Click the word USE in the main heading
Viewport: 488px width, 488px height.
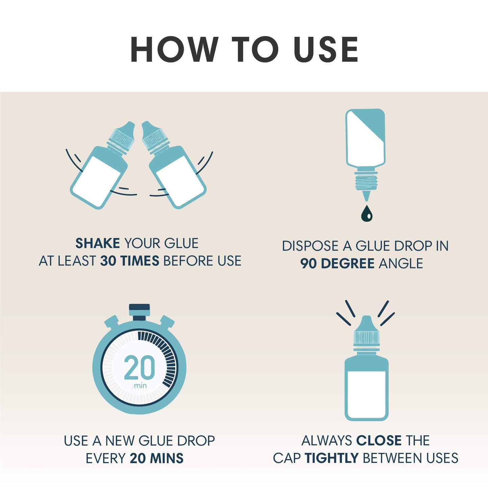(x=326, y=49)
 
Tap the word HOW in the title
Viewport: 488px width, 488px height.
(x=175, y=49)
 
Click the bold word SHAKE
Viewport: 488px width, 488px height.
(x=98, y=243)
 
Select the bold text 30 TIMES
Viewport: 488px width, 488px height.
(x=130, y=261)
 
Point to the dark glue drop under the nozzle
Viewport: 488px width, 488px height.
(x=366, y=213)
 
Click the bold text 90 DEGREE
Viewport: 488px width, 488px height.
(x=337, y=264)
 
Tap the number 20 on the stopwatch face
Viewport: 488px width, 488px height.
(x=139, y=367)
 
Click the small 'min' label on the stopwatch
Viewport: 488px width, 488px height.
(x=140, y=386)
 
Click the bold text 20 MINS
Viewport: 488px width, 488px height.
(x=156, y=459)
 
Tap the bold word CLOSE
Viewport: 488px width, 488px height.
(x=379, y=441)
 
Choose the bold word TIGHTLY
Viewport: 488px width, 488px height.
(x=331, y=458)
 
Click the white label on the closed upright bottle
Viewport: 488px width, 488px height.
(x=366, y=395)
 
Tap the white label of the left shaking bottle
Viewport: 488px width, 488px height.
(x=97, y=181)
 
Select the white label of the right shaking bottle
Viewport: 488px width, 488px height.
(x=179, y=181)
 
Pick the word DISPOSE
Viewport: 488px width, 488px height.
(x=311, y=246)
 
